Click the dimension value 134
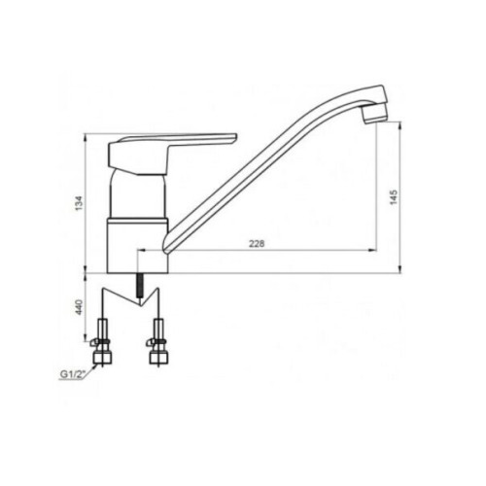tap(80, 203)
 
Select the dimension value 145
tap(393, 196)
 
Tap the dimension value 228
tap(257, 244)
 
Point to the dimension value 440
tap(80, 307)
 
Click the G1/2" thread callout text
tap(72, 375)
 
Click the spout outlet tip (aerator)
tap(374, 116)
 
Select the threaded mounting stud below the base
tap(140, 286)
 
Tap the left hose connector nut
tap(103, 357)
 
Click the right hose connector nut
tap(157, 357)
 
